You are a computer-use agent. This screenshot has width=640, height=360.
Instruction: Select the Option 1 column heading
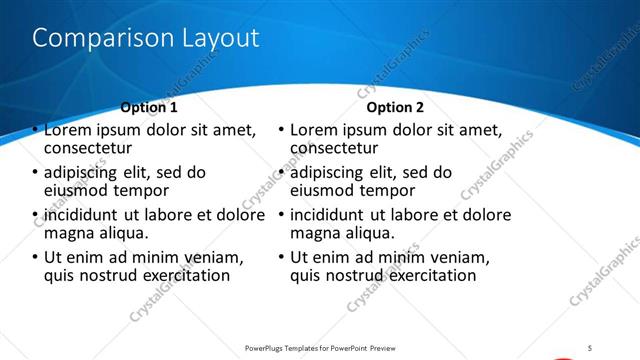point(149,107)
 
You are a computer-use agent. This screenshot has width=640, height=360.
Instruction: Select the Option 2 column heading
point(395,107)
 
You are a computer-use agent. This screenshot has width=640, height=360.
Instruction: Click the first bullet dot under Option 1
point(36,130)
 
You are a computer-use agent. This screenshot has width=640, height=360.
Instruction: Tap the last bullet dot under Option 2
point(282,257)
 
